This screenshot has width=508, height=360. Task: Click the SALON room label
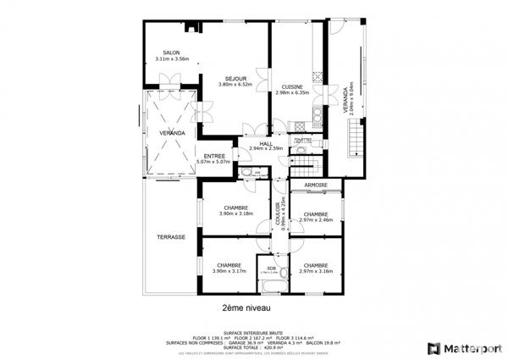pos(172,53)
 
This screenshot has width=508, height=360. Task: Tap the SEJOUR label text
pos(224,78)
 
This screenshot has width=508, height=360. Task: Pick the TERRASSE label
pos(170,237)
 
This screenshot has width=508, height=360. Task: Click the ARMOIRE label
pos(315,185)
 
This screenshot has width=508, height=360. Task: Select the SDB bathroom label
pos(271,268)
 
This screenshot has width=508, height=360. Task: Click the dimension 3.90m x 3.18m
pos(235,213)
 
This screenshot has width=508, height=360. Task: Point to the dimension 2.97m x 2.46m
pos(316,220)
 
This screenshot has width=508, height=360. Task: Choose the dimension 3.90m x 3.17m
pos(229,271)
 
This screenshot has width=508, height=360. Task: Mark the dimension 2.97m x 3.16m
pos(316,271)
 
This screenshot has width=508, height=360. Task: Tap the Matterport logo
pos(456,347)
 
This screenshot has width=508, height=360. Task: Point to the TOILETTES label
pos(302,139)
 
